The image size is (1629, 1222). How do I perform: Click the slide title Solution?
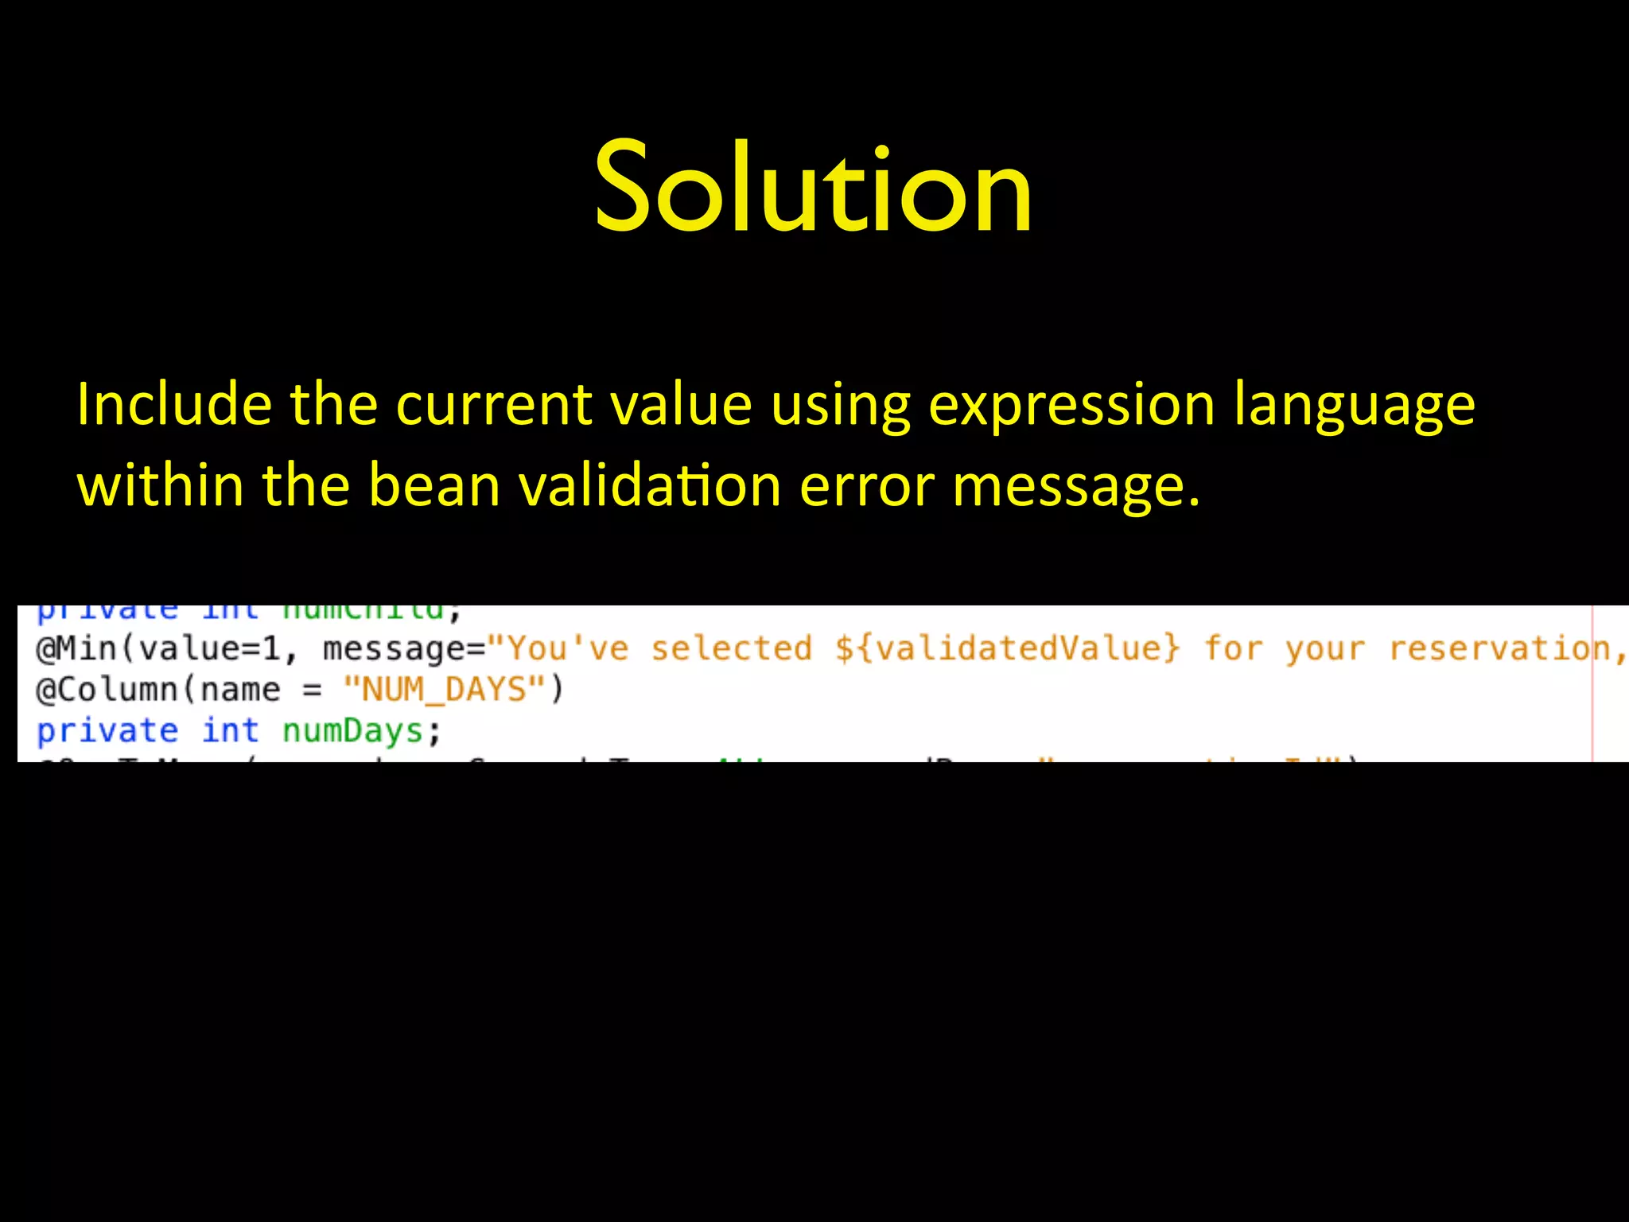tap(813, 188)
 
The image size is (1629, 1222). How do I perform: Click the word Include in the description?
tap(173, 404)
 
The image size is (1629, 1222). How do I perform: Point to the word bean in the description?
tap(434, 485)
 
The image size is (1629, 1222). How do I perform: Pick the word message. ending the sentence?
tap(1075, 487)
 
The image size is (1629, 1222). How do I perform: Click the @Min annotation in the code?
tap(76, 649)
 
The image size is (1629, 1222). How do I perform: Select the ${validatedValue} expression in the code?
tap(1007, 648)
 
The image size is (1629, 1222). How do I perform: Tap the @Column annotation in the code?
tap(107, 690)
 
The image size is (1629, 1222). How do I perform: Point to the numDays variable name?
tap(352, 731)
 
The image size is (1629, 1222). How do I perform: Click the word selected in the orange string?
tap(732, 648)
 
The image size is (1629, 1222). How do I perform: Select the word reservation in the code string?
tap(1499, 648)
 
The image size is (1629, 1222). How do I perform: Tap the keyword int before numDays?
tap(230, 730)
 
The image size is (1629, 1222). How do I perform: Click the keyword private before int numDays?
tap(107, 730)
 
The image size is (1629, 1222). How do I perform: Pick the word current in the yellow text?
tap(494, 404)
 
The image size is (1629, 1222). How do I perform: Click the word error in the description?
tap(866, 487)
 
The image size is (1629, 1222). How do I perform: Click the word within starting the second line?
tap(160, 485)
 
